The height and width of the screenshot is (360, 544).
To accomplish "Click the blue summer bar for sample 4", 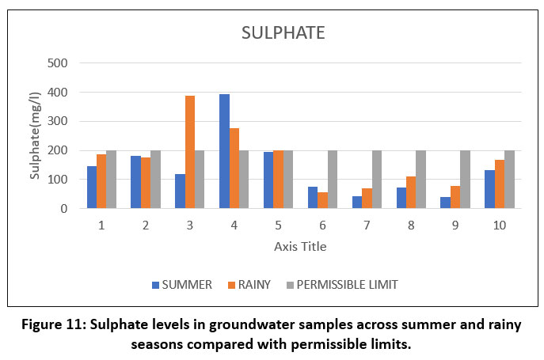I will tap(224, 151).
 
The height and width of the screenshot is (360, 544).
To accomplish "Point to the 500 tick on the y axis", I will tap(59, 63).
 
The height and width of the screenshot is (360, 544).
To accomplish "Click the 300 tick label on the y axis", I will tap(59, 122).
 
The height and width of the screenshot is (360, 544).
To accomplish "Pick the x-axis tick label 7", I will tap(367, 225).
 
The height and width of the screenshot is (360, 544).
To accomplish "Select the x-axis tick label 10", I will tap(499, 225).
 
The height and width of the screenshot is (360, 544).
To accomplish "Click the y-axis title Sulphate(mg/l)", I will tap(35, 136).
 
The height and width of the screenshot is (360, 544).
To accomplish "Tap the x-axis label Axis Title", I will tap(300, 247).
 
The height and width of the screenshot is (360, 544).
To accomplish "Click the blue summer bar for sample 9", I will tap(445, 203).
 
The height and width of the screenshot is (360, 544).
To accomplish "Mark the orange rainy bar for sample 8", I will tap(411, 192).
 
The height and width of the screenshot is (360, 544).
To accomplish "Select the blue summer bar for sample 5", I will tap(268, 180).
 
